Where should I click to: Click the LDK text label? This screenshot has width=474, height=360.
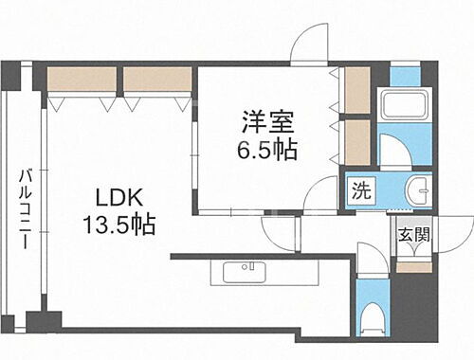[x=118, y=199]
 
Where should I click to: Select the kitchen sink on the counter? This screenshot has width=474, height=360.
[x=247, y=273]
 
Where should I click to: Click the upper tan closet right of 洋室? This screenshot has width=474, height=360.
[x=357, y=90]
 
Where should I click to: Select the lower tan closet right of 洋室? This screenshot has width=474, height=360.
[x=357, y=140]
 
